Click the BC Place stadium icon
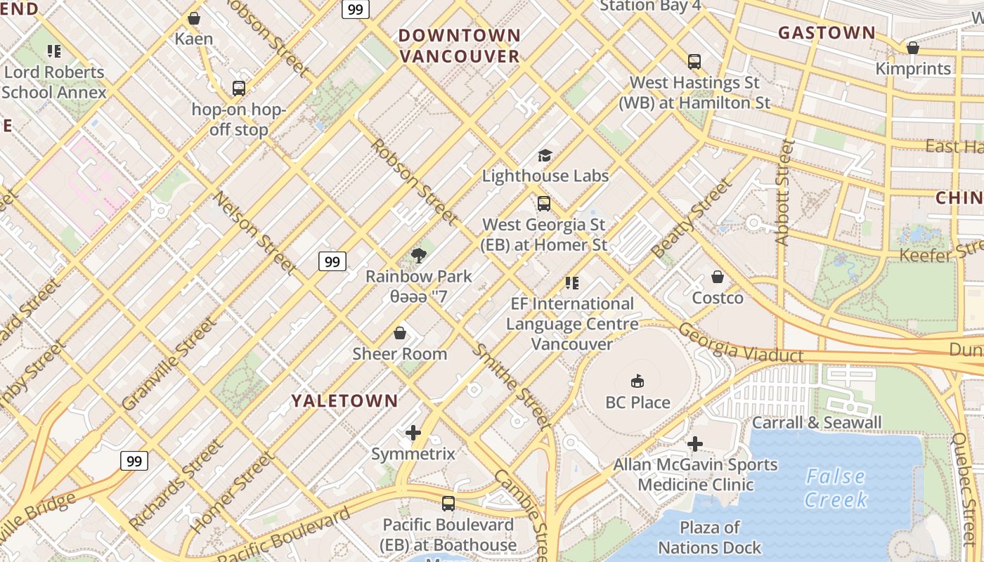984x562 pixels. pyautogui.click(x=637, y=381)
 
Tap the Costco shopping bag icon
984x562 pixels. pyautogui.click(x=718, y=277)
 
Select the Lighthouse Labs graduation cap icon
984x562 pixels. pyautogui.click(x=545, y=155)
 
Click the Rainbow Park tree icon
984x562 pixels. pyautogui.click(x=419, y=255)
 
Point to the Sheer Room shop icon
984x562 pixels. pyautogui.click(x=400, y=333)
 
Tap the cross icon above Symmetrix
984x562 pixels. pyautogui.click(x=413, y=433)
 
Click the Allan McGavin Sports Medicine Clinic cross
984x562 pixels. pyautogui.click(x=695, y=444)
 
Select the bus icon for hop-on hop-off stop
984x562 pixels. pyautogui.click(x=239, y=89)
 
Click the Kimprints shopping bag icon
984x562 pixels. pyautogui.click(x=913, y=48)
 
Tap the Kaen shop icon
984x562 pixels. pyautogui.click(x=194, y=18)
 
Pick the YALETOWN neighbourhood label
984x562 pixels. pyautogui.click(x=344, y=401)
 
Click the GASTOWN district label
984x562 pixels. pyautogui.click(x=827, y=32)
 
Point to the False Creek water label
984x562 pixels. pyautogui.click(x=835, y=488)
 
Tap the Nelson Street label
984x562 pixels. pyautogui.click(x=255, y=232)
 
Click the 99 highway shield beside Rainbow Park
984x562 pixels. pyautogui.click(x=332, y=262)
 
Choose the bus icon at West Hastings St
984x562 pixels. pyautogui.click(x=694, y=61)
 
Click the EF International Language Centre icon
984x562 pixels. pyautogui.click(x=572, y=283)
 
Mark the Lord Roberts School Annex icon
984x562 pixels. pyautogui.click(x=53, y=51)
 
